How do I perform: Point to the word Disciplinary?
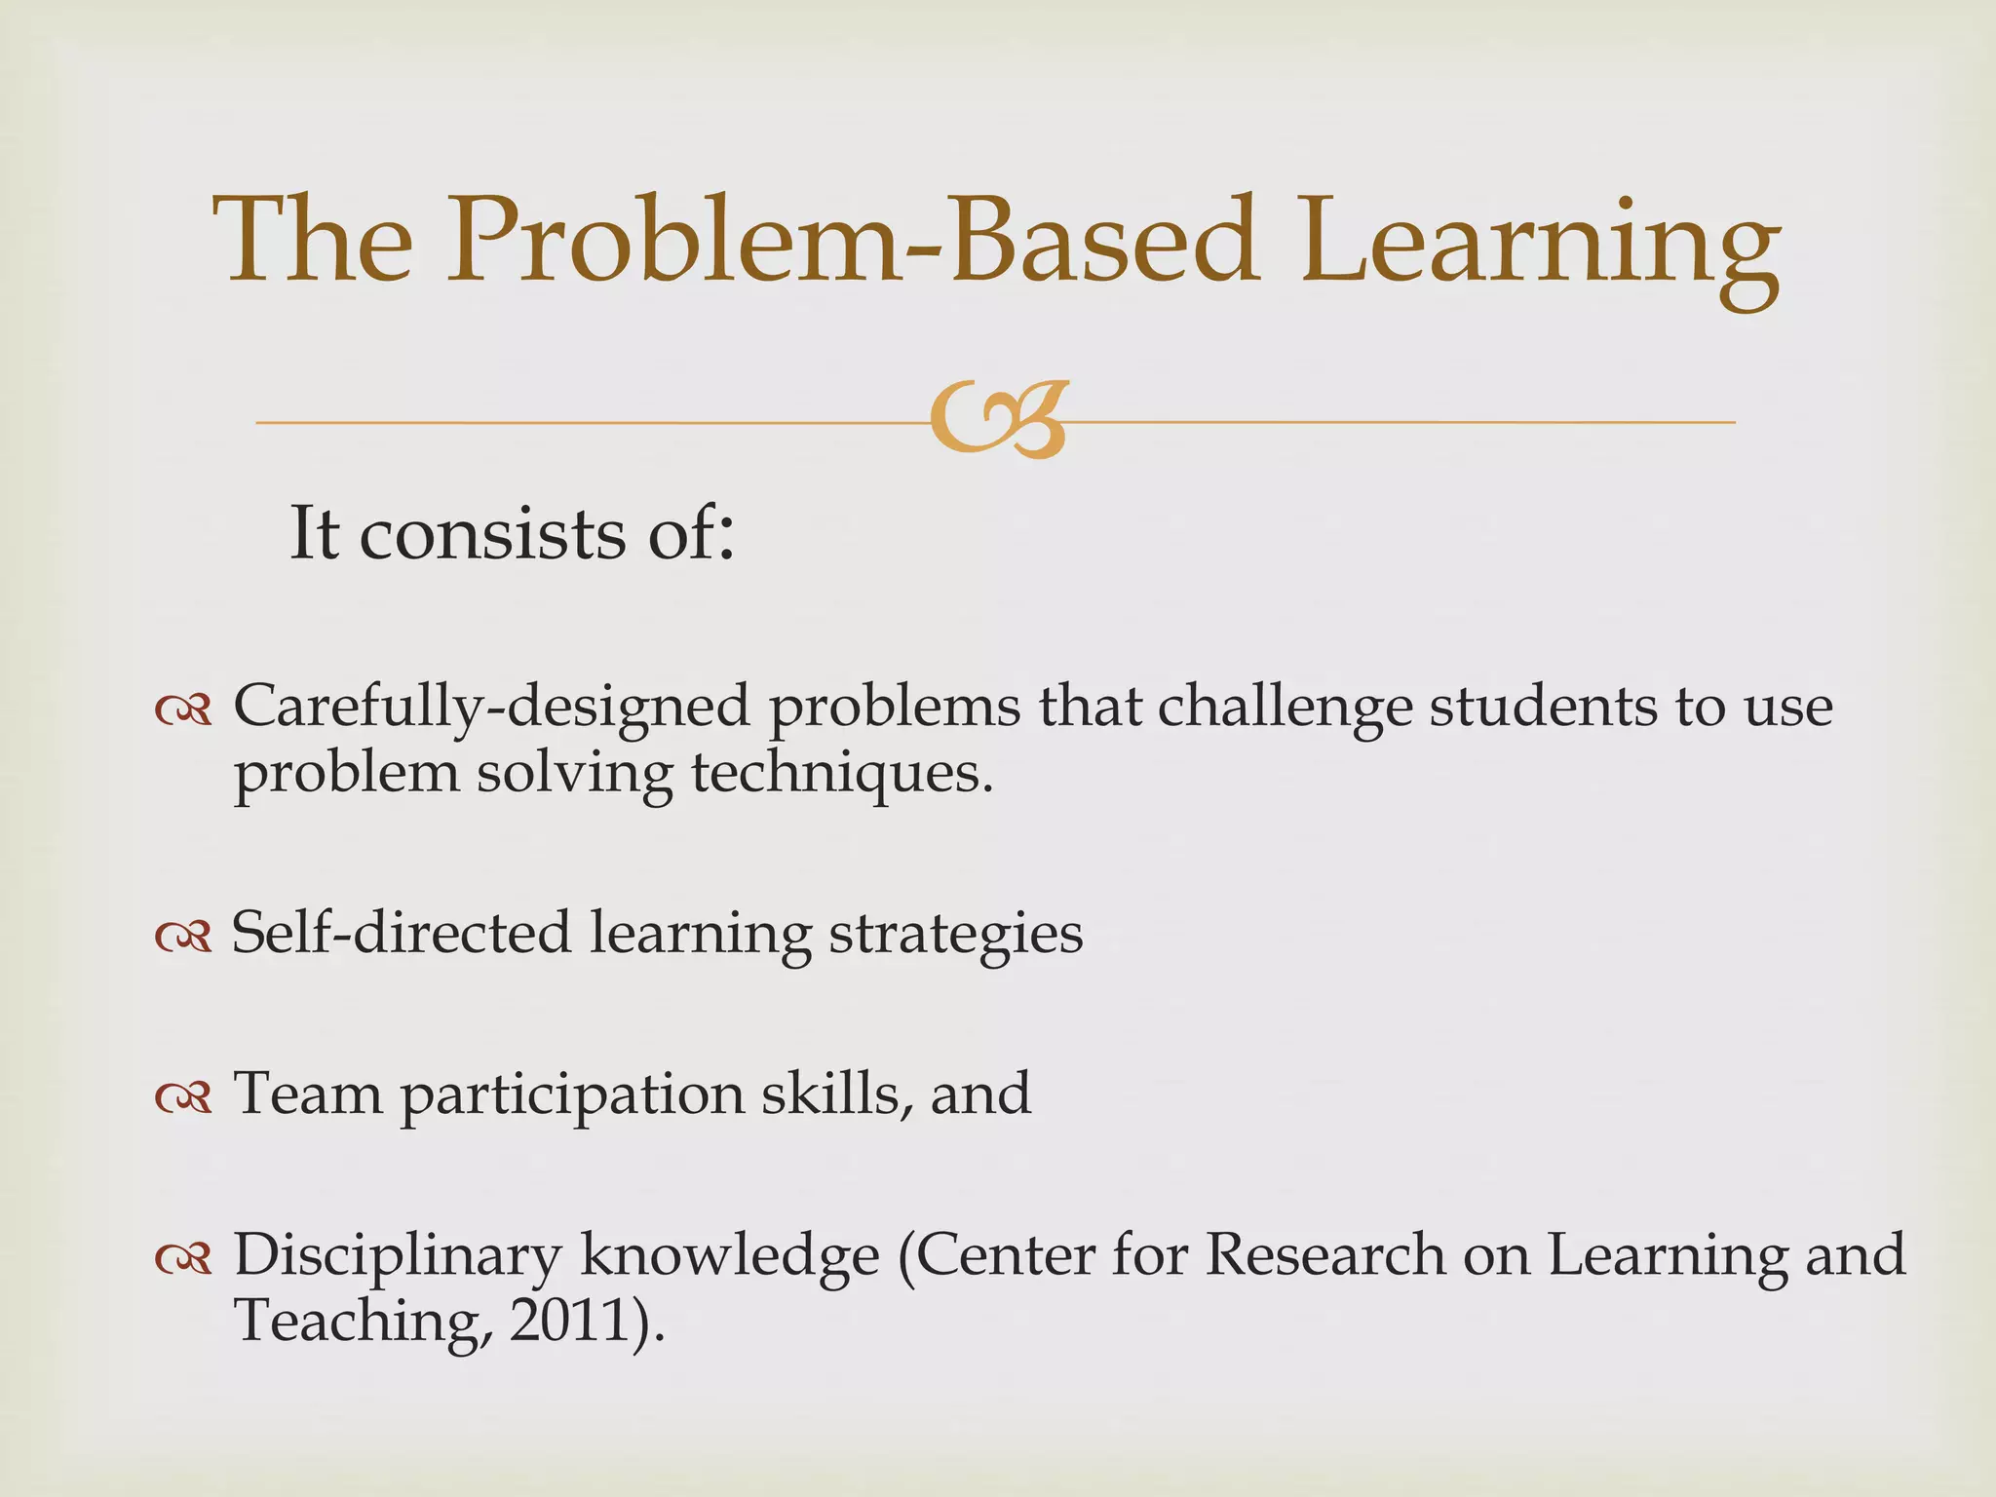click(x=397, y=1256)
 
